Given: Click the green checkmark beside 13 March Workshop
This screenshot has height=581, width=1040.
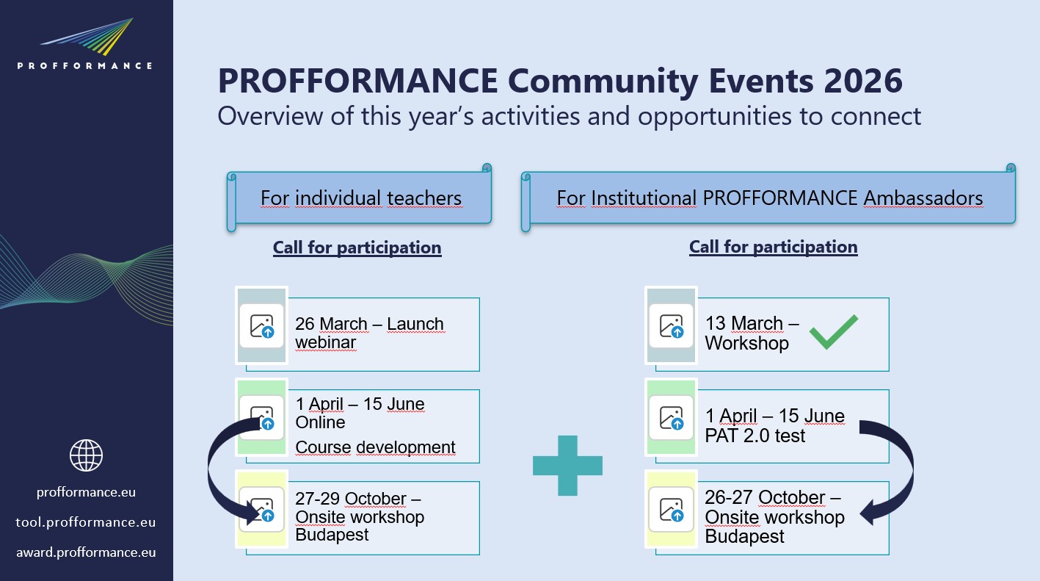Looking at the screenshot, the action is coord(833,332).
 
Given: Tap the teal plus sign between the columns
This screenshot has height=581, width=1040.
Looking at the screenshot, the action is coord(567,465).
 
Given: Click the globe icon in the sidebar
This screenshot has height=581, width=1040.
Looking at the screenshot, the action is coord(87,455).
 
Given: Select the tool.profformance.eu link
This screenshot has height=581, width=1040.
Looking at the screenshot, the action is coord(86,522).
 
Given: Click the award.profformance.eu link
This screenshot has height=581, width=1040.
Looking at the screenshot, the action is coord(86,552).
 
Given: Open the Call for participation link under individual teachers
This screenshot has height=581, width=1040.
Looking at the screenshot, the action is coord(357,248).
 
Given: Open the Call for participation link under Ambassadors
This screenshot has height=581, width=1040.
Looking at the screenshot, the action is coord(773,247).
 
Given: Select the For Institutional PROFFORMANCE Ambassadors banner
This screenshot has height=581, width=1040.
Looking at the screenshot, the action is coord(768,198).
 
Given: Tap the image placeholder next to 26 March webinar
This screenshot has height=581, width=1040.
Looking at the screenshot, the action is coord(262,326).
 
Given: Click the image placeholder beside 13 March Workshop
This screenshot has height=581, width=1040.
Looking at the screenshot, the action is coord(672,326).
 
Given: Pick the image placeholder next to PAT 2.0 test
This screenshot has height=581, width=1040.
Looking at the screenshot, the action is coord(672,417).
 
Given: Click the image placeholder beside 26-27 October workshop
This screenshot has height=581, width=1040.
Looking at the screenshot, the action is coord(672,510).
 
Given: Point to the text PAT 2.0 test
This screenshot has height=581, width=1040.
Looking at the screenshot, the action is coord(755,436).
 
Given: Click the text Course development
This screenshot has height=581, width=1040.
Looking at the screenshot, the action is coord(375,447).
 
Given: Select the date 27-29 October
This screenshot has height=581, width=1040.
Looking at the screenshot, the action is coord(351,498).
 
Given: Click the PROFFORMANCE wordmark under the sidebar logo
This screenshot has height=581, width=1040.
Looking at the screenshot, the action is coord(84,66).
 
